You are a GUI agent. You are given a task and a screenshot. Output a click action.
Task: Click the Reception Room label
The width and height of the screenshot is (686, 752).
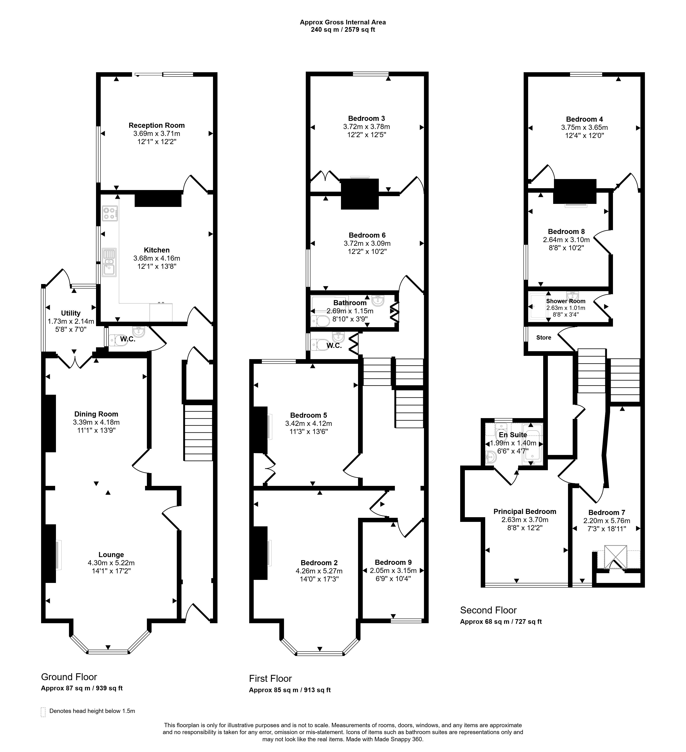point(157,125)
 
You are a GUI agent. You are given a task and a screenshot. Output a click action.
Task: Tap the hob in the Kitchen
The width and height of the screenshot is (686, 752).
point(110,213)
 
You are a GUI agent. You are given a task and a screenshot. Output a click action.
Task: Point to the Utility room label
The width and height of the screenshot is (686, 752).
point(71,313)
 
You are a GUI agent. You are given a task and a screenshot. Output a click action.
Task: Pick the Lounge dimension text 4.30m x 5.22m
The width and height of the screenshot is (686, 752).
point(111,563)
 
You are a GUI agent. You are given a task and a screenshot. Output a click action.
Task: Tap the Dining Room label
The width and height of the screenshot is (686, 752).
point(96,414)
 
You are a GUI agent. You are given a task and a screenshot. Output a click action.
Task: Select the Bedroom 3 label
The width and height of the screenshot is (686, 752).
point(367,119)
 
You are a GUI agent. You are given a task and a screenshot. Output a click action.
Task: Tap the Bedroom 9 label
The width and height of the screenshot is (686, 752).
point(393,562)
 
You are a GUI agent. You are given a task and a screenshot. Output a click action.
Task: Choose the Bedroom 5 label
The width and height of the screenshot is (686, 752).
point(308,415)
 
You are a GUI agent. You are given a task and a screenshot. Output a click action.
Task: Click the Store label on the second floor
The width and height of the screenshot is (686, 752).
point(544,338)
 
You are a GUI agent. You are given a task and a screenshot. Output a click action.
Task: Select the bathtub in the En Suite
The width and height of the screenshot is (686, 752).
point(533,444)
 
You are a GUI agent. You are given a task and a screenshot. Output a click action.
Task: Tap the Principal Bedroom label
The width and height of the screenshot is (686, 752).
point(525,512)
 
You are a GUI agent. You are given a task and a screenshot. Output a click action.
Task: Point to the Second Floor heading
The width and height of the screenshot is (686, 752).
point(488,610)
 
